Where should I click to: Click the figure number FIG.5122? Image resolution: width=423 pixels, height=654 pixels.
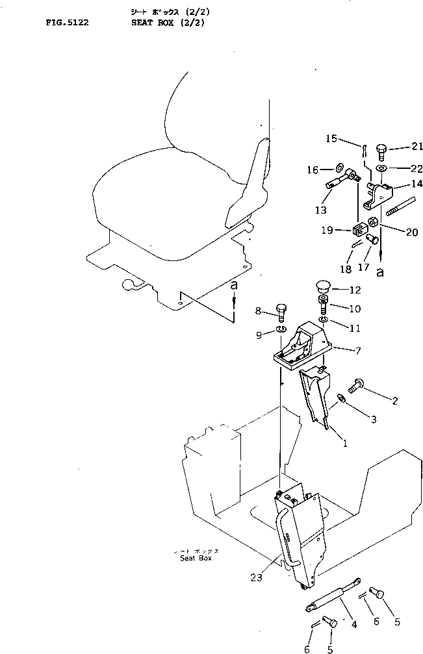coord(67,21)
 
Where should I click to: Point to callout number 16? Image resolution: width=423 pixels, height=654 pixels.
coord(312,170)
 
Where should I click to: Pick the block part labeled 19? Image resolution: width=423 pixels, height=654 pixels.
coord(358,229)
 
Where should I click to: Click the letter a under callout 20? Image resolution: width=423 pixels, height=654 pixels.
coord(380,273)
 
